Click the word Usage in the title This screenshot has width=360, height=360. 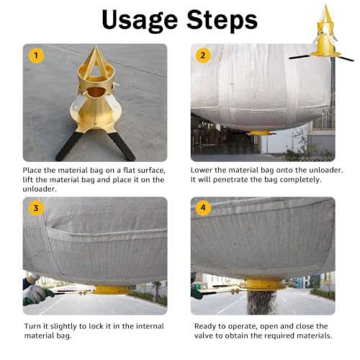[x=140, y=20]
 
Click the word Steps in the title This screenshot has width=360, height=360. [x=222, y=19]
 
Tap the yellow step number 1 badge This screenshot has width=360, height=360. [x=36, y=55]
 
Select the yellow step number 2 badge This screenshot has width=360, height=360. [x=203, y=55]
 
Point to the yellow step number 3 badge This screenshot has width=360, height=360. [x=36, y=208]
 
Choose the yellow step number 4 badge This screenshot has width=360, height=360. [x=203, y=207]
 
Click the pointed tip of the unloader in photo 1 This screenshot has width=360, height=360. [x=96, y=46]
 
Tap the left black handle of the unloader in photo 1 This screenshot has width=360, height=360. [x=69, y=145]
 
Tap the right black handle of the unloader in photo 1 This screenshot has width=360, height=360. [x=122, y=145]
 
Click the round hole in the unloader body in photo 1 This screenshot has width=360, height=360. [x=96, y=92]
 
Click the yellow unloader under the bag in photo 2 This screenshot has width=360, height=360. [x=260, y=132]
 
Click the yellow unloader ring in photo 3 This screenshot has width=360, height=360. [x=111, y=289]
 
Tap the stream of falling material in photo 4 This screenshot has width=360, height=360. [x=261, y=302]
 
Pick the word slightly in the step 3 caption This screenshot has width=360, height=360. [x=64, y=326]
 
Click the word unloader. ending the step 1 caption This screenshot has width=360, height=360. [x=40, y=189]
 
